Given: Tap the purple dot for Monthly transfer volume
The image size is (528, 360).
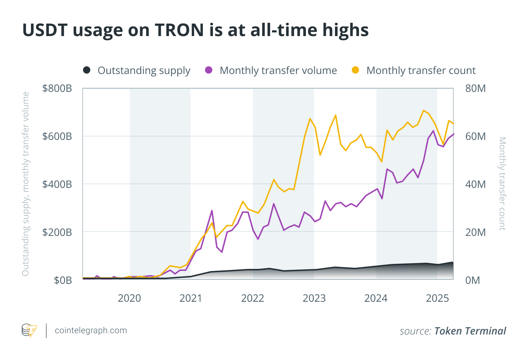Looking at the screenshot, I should pyautogui.click(x=209, y=70).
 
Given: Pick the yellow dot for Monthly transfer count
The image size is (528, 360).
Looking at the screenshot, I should pyautogui.click(x=355, y=70).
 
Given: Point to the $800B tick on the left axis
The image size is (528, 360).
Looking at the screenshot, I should pyautogui.click(x=57, y=89).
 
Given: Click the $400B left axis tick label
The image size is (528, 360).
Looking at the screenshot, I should pyautogui.click(x=57, y=184).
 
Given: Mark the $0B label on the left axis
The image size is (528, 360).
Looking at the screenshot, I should pyautogui.click(x=63, y=280).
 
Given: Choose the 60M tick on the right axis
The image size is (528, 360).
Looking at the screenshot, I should pyautogui.click(x=475, y=136).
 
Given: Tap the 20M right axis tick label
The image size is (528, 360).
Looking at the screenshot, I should pyautogui.click(x=475, y=232).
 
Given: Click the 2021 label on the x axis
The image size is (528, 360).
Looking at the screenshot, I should pyautogui.click(x=191, y=298).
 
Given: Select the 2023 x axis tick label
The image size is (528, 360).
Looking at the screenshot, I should pyautogui.click(x=314, y=298).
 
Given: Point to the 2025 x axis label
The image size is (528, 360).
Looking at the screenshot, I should pyautogui.click(x=437, y=298).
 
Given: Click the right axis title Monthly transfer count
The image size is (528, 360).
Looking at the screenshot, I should pyautogui.click(x=502, y=184).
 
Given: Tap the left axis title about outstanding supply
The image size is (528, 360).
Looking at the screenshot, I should pyautogui.click(x=25, y=184).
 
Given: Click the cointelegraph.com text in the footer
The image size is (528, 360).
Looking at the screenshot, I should pyautogui.click(x=91, y=330).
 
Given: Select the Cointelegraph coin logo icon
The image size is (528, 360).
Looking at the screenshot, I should pyautogui.click(x=29, y=330).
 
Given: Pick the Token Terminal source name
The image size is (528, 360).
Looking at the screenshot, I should pyautogui.click(x=470, y=331).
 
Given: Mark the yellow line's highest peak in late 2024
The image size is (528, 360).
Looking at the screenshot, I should pyautogui.click(x=423, y=110).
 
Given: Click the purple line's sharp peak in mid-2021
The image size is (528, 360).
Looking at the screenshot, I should pyautogui.click(x=212, y=210).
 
